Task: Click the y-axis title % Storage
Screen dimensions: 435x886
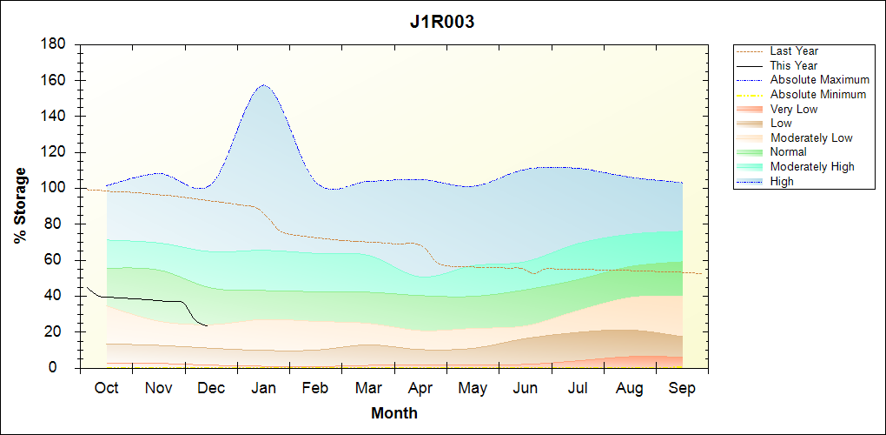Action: [20, 211]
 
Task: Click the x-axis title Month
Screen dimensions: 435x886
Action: [393, 413]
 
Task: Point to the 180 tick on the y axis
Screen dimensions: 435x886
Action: [55, 44]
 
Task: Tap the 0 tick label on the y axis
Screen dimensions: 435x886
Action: [63, 368]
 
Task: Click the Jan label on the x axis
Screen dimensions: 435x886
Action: [263, 388]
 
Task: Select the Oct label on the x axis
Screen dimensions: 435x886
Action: [106, 388]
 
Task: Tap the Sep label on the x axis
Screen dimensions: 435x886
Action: [682, 388]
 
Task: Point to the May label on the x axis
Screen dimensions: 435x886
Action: [473, 388]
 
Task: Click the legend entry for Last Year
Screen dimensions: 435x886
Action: [794, 51]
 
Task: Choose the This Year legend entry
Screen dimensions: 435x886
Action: [794, 65]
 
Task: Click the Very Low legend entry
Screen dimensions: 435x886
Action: [794, 109]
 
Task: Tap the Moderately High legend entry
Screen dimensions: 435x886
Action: [812, 166]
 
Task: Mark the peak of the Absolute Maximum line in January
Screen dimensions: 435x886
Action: [263, 85]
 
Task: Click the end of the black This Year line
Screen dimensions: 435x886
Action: [207, 325]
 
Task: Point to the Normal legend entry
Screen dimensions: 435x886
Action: [788, 152]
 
